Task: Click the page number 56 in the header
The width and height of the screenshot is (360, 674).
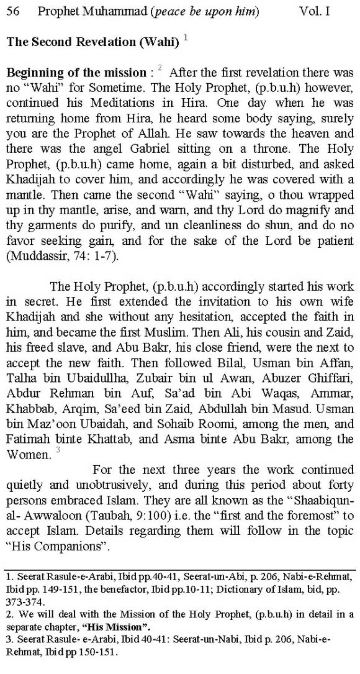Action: click(x=13, y=11)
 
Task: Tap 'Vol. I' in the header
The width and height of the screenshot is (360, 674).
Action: click(x=314, y=11)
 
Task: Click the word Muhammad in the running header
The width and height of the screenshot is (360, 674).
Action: click(x=114, y=11)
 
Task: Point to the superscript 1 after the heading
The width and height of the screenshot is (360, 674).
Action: click(x=186, y=38)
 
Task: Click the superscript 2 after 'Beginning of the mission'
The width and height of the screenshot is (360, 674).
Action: click(x=160, y=68)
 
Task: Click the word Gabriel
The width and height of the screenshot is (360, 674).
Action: click(x=150, y=149)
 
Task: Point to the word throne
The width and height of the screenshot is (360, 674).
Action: click(x=271, y=149)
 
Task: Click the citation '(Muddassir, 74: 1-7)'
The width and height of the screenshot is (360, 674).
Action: click(x=63, y=256)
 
